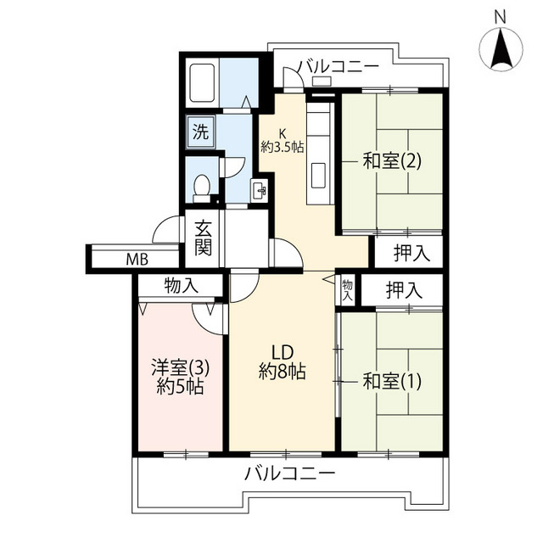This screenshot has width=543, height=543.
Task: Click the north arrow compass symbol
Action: (501, 48)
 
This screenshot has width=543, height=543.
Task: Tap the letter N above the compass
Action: (500, 17)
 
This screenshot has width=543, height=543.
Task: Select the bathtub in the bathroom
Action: (202, 83)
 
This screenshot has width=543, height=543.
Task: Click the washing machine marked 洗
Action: (200, 132)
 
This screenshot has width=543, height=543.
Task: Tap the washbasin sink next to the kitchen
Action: (260, 190)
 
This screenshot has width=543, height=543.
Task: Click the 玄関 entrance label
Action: (203, 238)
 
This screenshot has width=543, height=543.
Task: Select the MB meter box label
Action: (137, 259)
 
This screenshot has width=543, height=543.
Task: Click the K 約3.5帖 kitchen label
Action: (283, 141)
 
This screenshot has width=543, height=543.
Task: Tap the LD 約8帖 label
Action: (283, 362)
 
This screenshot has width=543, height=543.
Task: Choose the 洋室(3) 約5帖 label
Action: (180, 377)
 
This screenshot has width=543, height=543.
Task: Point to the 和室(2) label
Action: (392, 161)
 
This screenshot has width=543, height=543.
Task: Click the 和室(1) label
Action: (392, 381)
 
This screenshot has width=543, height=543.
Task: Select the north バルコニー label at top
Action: (339, 67)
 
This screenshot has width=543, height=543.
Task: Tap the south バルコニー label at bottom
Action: (290, 473)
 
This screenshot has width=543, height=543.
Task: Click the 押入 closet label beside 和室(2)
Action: (411, 253)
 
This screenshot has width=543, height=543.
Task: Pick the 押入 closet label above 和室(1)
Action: (405, 290)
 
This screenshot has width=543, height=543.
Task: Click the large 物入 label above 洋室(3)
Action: (182, 286)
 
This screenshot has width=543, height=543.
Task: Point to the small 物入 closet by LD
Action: (347, 290)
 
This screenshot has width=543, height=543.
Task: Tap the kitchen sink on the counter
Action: (319, 176)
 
